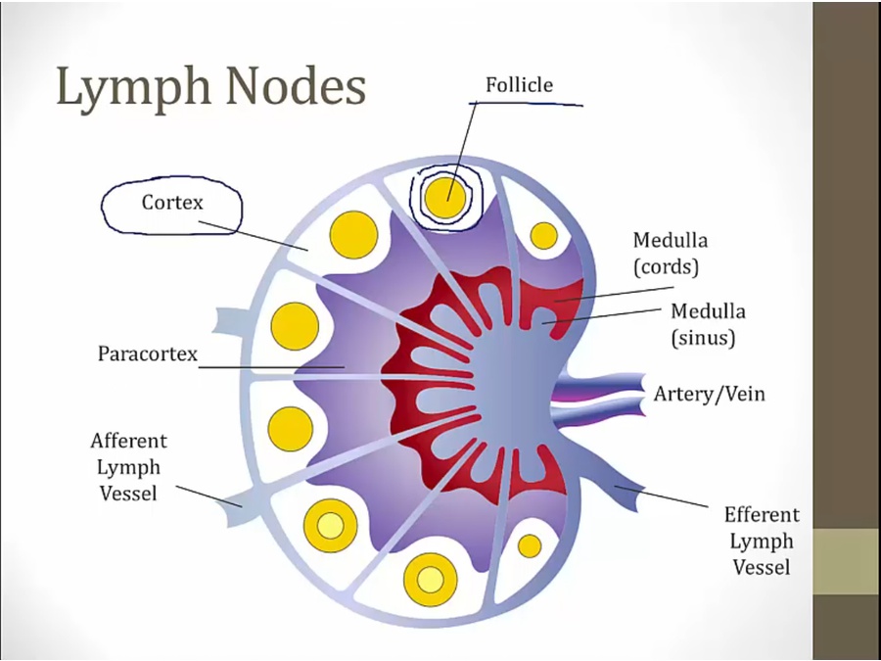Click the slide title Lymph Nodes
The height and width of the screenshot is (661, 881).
tap(211, 88)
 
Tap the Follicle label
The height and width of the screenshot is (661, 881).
tap(519, 85)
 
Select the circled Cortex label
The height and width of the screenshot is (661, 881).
tap(172, 203)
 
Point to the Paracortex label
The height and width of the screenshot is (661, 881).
tap(148, 353)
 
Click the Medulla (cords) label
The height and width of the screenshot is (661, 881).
tap(670, 252)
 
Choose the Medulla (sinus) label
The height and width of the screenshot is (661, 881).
tap(707, 324)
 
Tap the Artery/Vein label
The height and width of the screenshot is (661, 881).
tap(710, 395)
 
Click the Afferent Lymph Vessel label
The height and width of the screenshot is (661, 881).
tap(128, 467)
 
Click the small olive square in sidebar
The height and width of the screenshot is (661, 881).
tap(846, 561)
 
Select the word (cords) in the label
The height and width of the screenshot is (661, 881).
tap(666, 265)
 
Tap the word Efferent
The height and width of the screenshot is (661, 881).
tap(762, 515)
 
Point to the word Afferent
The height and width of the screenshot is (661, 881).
tap(128, 442)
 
